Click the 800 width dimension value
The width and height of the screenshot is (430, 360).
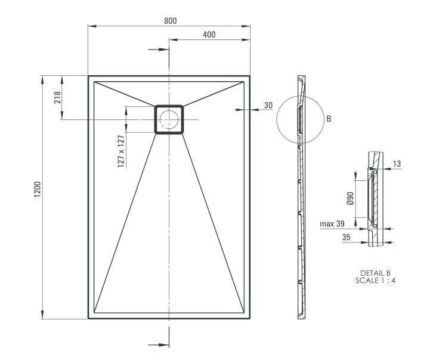[170, 20]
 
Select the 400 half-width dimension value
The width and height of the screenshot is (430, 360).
[209, 35]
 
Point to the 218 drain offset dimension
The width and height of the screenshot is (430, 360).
[58, 97]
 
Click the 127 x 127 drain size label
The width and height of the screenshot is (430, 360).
[121, 151]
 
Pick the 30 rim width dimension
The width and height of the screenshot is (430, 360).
[268, 105]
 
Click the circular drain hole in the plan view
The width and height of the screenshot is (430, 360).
[169, 119]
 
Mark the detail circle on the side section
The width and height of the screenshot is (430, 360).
[299, 119]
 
